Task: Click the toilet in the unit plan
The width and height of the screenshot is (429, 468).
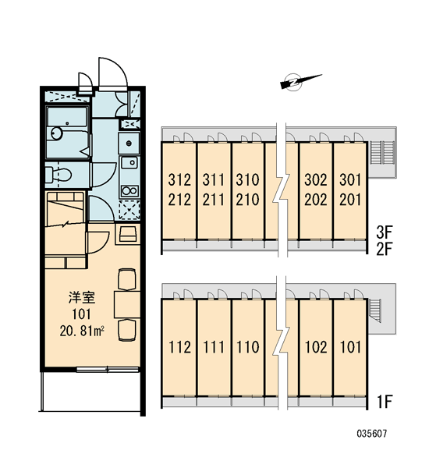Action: coord(59,174)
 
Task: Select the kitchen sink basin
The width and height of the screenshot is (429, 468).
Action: coord(129,162)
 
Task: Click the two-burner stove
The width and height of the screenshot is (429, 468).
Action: coord(129,190)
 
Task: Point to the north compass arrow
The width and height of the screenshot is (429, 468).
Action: coord(300,80)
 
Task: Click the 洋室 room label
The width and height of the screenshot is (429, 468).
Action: coord(82,298)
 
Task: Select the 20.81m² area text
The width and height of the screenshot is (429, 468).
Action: coord(82,331)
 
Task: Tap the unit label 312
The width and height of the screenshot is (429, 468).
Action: coord(179,179)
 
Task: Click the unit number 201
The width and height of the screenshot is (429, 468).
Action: coord(350,200)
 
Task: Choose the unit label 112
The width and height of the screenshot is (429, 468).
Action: coord(179,347)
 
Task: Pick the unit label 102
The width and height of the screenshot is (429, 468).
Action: coord(316,347)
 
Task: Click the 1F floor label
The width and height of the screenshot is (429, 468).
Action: coord(385,402)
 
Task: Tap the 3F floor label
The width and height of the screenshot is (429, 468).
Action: coord(385,232)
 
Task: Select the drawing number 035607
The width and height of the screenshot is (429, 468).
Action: coord(372,434)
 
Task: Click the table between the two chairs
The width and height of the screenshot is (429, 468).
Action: coord(127,304)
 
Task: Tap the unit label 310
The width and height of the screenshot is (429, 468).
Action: coord(247,179)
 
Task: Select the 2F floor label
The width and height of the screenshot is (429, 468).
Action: coord(385,250)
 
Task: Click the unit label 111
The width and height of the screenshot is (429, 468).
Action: coord(214,347)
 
